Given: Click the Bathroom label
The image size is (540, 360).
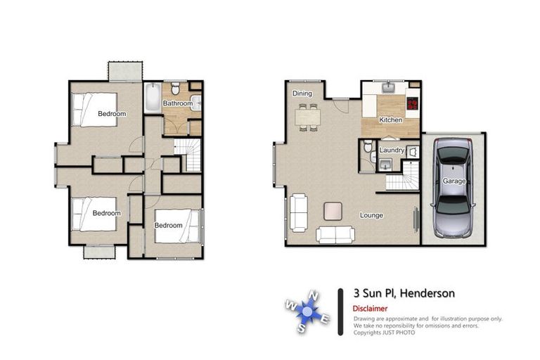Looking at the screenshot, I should [177, 104].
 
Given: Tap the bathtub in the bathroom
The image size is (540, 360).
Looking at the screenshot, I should [152, 98].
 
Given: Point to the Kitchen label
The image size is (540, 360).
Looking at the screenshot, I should [391, 120].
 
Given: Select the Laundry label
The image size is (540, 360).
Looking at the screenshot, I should [391, 150].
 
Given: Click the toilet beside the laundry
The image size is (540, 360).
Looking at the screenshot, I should [366, 148].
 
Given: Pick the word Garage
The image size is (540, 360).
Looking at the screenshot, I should [454, 181].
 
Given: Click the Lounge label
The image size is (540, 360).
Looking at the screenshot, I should [371, 215].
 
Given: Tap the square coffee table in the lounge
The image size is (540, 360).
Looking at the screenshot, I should [333, 210].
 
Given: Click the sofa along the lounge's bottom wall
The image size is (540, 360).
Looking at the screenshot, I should [335, 235].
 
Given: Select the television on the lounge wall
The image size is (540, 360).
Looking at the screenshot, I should [415, 224].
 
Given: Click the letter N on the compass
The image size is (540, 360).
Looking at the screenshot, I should [315, 296].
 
